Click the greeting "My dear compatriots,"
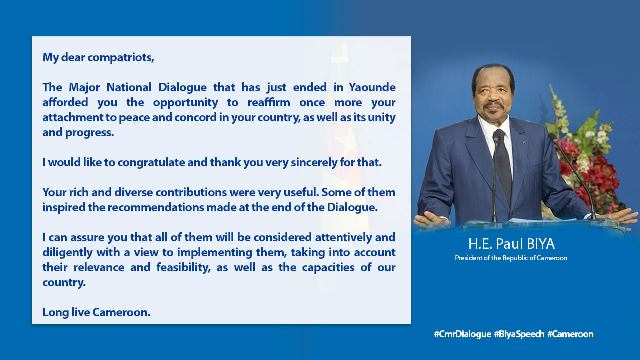[x=98, y=58]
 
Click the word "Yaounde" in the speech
[x=372, y=87]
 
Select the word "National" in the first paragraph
[x=129, y=87]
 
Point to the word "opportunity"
[x=186, y=103]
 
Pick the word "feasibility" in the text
[x=183, y=268]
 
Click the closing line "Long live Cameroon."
[x=96, y=312]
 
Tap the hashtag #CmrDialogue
[x=462, y=334]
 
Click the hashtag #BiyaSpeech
[x=519, y=334]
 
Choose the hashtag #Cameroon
[x=570, y=334]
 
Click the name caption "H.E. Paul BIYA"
[x=511, y=244]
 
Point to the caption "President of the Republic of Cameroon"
[x=511, y=258]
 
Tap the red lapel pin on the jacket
[x=523, y=143]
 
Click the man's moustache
[x=494, y=105]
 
